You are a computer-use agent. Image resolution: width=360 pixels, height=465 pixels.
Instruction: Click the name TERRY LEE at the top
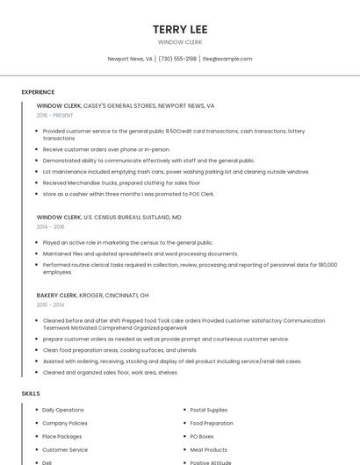click(x=179, y=29)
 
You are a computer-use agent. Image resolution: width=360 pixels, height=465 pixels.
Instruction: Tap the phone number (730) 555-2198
click(x=177, y=59)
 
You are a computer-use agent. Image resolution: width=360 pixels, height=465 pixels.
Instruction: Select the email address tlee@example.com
click(x=227, y=59)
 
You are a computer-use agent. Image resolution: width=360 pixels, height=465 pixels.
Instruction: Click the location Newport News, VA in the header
click(x=130, y=59)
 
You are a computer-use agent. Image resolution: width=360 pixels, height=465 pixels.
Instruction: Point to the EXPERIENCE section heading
click(x=38, y=92)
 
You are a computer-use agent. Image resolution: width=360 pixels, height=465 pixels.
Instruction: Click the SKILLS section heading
click(x=31, y=394)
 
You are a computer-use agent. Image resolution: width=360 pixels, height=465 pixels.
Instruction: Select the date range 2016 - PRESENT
click(x=55, y=115)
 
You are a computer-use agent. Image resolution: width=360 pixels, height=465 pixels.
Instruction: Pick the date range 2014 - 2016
click(x=51, y=226)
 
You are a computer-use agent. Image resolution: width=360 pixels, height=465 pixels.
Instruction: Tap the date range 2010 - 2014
click(x=51, y=304)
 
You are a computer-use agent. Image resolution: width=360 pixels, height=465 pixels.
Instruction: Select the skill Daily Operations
click(x=63, y=410)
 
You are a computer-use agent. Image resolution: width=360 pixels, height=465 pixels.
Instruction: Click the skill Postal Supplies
click(x=209, y=410)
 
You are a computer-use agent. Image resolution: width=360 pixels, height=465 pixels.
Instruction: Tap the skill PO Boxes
click(x=202, y=436)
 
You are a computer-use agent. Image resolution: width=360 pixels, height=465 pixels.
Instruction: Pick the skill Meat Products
click(x=209, y=449)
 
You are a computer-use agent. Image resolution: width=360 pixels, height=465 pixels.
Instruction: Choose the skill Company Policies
click(x=65, y=423)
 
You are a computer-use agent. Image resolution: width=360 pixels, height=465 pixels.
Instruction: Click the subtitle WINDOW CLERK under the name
click(x=179, y=42)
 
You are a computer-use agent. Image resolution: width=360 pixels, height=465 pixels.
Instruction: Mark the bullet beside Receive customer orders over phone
click(x=37, y=149)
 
